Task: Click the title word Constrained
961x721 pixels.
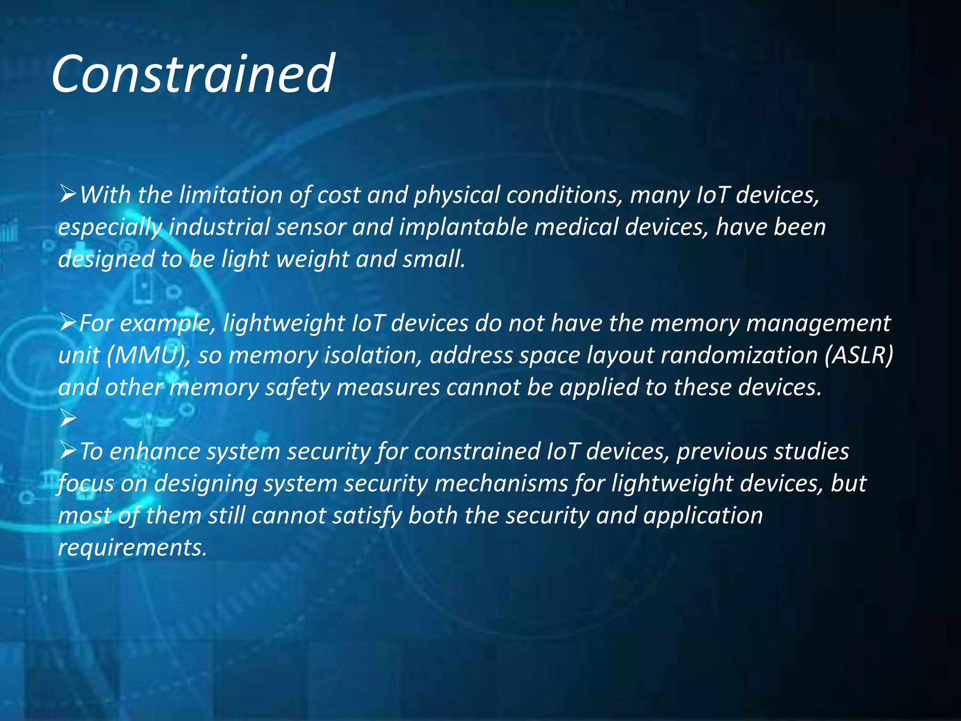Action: click(192, 74)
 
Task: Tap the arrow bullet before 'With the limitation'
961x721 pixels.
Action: click(68, 194)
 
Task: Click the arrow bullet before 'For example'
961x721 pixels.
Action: click(68, 322)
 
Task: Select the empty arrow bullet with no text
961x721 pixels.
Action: click(68, 418)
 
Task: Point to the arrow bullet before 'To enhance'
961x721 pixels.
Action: click(68, 451)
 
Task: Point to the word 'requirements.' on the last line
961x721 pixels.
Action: click(132, 548)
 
